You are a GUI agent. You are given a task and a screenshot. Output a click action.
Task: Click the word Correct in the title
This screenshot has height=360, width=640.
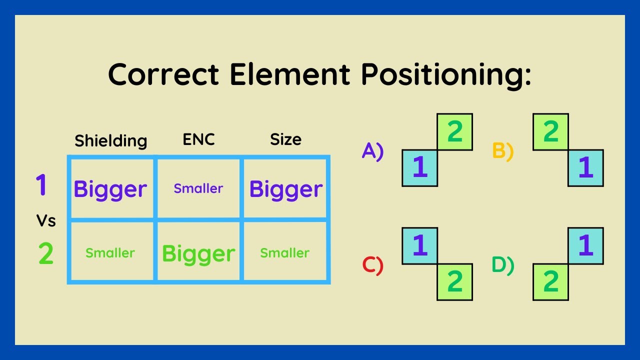[x=163, y=74]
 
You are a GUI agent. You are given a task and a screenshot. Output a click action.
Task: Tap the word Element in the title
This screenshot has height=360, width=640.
[x=289, y=74]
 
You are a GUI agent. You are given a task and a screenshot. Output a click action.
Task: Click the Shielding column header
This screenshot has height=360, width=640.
[x=111, y=140]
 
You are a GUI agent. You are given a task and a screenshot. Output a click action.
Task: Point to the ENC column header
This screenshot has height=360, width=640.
[x=198, y=139]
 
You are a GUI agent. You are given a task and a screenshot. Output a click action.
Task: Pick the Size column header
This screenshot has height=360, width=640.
[x=285, y=139]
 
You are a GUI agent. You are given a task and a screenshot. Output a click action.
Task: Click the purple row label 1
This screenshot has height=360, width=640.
[x=41, y=184]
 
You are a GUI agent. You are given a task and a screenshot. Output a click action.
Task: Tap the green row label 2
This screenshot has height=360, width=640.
[x=45, y=254]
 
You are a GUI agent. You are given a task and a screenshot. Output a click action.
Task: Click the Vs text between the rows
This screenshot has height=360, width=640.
[x=45, y=220]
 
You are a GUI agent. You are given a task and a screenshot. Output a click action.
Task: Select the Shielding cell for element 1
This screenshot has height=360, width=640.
[x=110, y=189]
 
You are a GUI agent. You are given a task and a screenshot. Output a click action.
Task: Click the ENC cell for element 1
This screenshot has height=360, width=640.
[x=198, y=188]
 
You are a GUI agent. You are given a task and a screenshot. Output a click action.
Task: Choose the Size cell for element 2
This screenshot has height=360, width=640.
[x=285, y=253]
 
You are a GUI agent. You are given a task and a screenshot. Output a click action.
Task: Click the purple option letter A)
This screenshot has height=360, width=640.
[x=372, y=150]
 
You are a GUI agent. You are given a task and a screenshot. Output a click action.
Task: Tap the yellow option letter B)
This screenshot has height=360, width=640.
[x=503, y=151]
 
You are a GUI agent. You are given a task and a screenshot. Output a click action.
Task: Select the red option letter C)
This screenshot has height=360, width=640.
[x=372, y=265]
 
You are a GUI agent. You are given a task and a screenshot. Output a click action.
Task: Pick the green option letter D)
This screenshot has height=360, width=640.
[x=503, y=265]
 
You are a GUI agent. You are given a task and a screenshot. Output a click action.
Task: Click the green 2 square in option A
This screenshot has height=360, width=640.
[x=454, y=132]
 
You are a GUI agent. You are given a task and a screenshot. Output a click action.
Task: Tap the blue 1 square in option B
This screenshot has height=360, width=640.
[x=585, y=168]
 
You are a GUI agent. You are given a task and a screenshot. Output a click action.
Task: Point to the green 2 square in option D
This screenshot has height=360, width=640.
[x=550, y=282]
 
